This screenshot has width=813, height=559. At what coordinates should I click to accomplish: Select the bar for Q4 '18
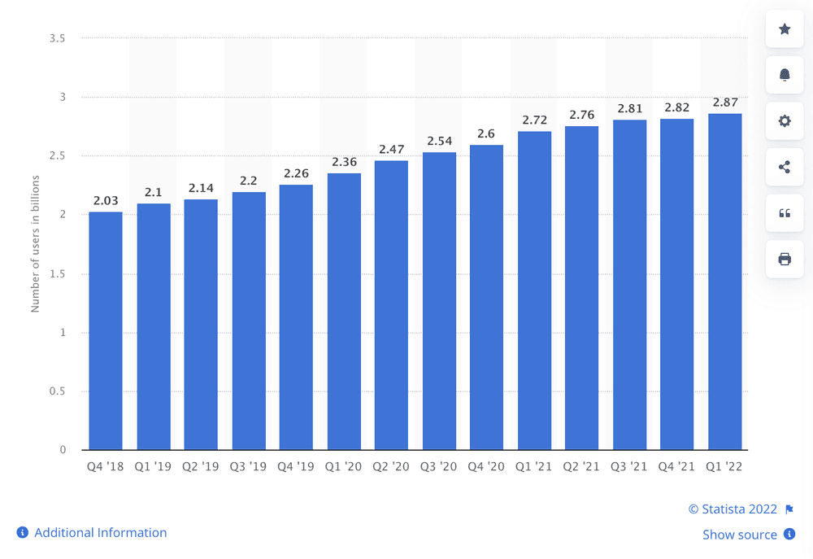[106, 331]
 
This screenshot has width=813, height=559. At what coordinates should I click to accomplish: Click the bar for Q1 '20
[344, 312]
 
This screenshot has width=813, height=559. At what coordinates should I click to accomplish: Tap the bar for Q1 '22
[724, 282]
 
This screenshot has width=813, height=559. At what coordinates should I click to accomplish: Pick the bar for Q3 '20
[439, 301]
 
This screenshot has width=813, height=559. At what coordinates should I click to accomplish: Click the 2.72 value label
[534, 120]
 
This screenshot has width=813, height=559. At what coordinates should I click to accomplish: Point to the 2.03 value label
[106, 200]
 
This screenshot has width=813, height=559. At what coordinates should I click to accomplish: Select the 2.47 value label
[391, 149]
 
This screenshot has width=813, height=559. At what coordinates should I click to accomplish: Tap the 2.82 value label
[677, 107]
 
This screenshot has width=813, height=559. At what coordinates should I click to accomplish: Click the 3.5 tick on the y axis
[57, 38]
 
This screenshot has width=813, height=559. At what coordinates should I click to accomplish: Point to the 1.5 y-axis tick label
[57, 273]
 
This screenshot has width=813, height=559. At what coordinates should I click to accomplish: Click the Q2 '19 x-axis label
[201, 468]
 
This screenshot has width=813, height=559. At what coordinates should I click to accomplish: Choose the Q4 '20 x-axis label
[486, 468]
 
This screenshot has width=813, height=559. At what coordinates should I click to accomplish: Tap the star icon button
[785, 29]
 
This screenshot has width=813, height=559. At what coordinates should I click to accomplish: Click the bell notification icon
[785, 75]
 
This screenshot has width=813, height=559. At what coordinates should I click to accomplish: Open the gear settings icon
[785, 120]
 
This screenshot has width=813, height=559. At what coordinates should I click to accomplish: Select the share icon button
[785, 167]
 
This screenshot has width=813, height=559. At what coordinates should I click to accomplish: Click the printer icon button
[785, 259]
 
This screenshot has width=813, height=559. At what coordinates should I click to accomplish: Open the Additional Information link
[100, 533]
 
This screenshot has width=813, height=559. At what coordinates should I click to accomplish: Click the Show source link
[740, 535]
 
